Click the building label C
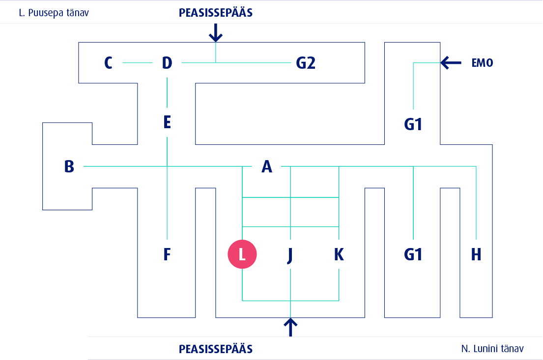coord(109,63)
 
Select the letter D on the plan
coord(167,63)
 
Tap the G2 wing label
coord(305,63)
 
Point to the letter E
coord(167,122)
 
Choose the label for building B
coord(69,166)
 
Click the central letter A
coord(266,167)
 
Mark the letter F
coord(167,254)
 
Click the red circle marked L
coord(242,254)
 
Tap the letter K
coord(339,254)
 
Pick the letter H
coord(476,254)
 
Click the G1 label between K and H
coord(413,254)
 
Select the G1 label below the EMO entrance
coord(413,125)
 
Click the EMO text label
coord(482,63)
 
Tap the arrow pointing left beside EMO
coord(451,62)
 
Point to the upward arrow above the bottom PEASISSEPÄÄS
coord(291,327)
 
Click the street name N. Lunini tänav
coord(492,349)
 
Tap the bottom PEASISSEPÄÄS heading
coord(216,349)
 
